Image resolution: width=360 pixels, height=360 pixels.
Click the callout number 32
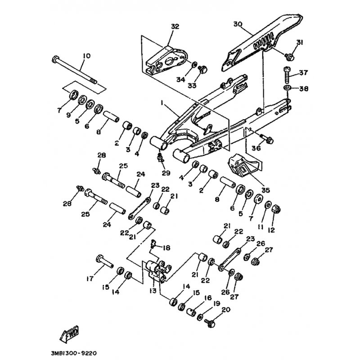pyautogui.click(x=175, y=27)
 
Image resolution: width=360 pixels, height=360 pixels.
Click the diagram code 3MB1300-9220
pyautogui.click(x=74, y=353)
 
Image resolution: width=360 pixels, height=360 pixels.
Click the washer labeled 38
pyautogui.click(x=287, y=87)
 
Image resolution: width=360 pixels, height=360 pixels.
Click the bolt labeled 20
pyautogui.click(x=209, y=322)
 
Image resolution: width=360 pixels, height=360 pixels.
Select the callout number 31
pyautogui.click(x=300, y=43)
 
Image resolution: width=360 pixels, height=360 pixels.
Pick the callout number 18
pyautogui.click(x=167, y=247)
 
